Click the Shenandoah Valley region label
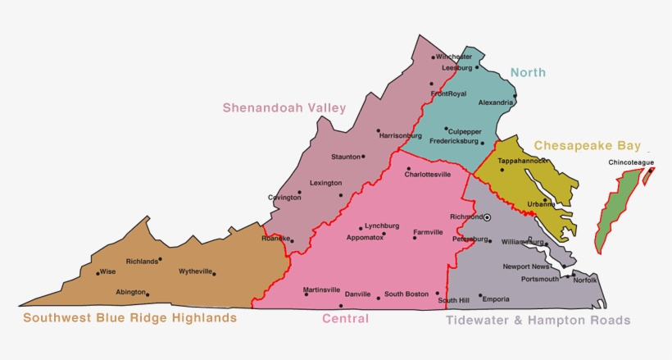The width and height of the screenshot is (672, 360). coord(284,108)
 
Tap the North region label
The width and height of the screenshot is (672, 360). coord(528,72)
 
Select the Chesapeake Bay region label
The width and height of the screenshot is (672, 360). coord(587,145)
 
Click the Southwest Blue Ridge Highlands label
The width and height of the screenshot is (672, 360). coord(130,317)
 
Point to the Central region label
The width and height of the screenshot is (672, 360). coord(345,318)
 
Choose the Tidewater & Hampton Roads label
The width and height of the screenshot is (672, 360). coord(538,320)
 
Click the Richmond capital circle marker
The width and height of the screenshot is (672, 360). coord(487,217)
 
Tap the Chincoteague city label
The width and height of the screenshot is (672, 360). coord(631,162)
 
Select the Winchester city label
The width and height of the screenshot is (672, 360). coord(454,57)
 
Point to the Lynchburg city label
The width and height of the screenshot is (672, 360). coord(382,226)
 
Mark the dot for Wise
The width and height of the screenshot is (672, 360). coord(98,273)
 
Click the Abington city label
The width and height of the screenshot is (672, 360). coord(129,291)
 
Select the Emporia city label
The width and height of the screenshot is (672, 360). coord(495,298)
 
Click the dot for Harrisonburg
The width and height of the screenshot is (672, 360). coord(378,130)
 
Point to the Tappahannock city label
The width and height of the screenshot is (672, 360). coord(522,161)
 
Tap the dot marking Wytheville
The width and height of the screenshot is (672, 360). coord(214,274)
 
